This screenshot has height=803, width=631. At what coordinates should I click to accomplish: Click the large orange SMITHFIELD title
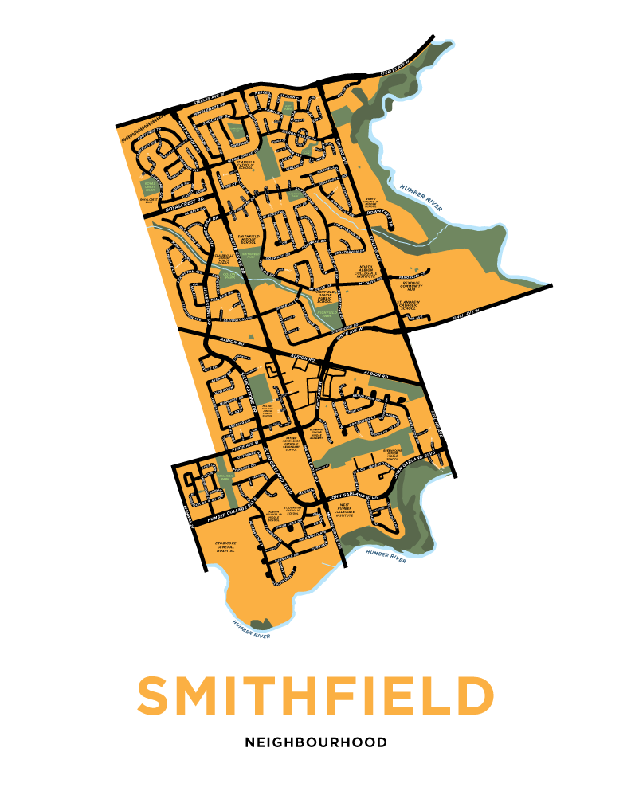point(315,696)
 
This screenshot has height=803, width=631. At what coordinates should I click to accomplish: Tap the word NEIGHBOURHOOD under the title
point(315,742)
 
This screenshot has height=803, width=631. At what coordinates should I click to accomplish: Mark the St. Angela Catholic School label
point(241,164)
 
